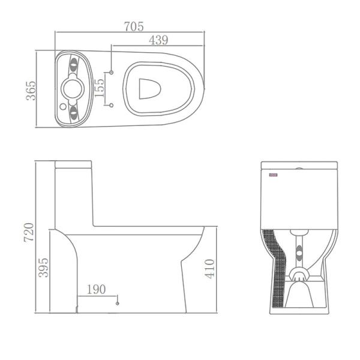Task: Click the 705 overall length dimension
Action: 134,26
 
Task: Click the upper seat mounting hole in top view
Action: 112,72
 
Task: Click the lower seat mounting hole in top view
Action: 112,106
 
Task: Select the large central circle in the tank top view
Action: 73,89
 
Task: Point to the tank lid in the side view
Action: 73,164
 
